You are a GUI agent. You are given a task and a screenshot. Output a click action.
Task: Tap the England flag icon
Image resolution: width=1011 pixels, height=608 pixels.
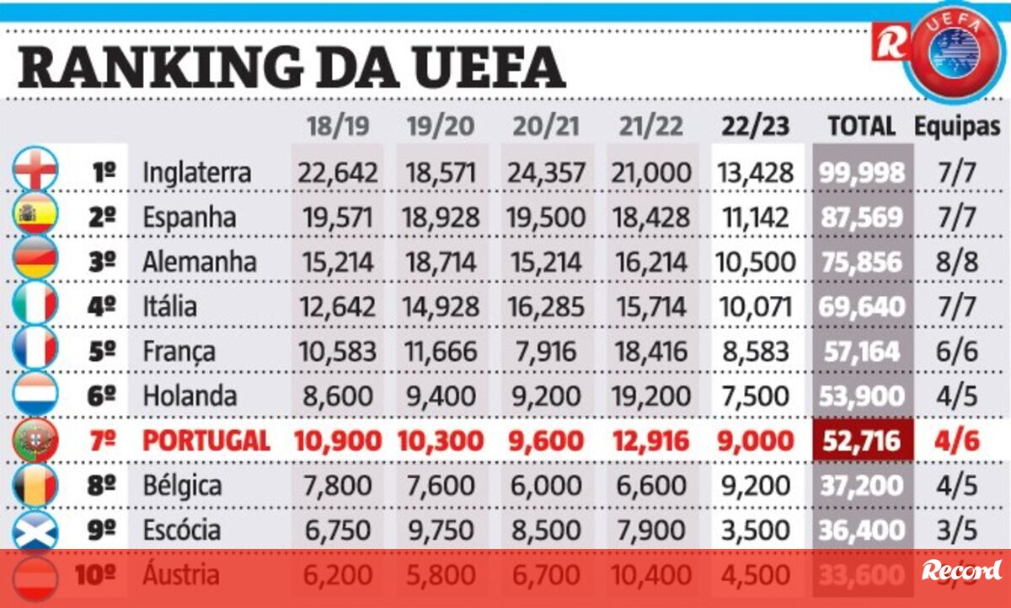35,171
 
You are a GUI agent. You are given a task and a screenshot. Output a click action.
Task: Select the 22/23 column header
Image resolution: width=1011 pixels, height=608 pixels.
755,126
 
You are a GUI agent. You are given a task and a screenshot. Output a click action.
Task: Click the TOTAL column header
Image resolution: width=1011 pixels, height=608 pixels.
860,126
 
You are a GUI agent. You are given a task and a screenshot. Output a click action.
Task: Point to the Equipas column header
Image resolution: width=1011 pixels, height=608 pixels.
958,126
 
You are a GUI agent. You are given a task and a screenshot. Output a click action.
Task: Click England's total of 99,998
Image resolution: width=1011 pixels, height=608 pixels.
861,173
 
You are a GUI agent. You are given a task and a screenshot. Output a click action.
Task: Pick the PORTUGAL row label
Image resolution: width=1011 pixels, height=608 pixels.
206,440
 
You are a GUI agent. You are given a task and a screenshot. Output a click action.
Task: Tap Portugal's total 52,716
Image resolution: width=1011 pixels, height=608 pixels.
861,440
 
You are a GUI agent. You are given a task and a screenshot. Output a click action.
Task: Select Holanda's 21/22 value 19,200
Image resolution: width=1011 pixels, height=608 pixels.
650,395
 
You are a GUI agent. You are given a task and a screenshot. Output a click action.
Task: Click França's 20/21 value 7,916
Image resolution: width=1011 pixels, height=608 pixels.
544,351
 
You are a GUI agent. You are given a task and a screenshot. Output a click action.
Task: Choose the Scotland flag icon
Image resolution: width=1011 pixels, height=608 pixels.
35,530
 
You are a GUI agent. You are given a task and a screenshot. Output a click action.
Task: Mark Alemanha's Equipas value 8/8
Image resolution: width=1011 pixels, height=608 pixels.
957,261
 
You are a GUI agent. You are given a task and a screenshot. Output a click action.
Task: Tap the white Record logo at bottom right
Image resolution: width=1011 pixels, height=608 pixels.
961,571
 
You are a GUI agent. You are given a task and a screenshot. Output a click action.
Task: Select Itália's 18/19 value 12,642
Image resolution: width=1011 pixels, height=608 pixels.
334,306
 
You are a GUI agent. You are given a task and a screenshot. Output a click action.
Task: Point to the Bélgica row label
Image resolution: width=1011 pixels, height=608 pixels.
182,486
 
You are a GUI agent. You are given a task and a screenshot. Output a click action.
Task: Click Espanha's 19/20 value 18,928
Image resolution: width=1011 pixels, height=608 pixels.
440,218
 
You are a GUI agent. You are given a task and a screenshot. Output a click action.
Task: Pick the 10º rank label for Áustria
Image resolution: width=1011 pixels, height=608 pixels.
94,575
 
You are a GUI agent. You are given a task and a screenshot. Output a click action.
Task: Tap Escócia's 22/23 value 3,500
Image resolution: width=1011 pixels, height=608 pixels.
755,530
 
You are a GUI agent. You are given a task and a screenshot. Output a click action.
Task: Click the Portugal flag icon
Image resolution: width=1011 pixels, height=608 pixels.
35,440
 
